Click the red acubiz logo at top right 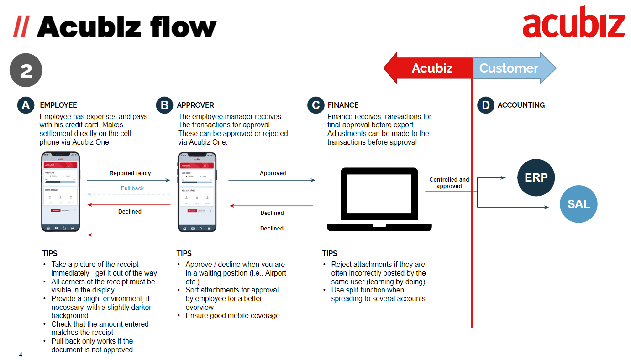click(x=573, y=23)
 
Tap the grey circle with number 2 click(x=26, y=71)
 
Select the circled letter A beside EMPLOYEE click(x=26, y=105)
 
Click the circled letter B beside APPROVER click(x=164, y=105)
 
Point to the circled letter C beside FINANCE click(x=315, y=105)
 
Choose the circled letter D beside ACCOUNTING click(x=486, y=105)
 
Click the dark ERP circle click(x=536, y=177)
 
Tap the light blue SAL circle click(x=578, y=204)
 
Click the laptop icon click(x=379, y=200)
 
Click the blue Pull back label click(x=132, y=188)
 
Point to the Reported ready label click(x=130, y=173)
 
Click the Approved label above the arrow click(x=273, y=173)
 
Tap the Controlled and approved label click(x=449, y=183)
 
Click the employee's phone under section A click(x=60, y=192)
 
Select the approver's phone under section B click(x=196, y=192)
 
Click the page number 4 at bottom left click(x=21, y=354)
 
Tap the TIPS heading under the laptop click(x=330, y=253)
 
